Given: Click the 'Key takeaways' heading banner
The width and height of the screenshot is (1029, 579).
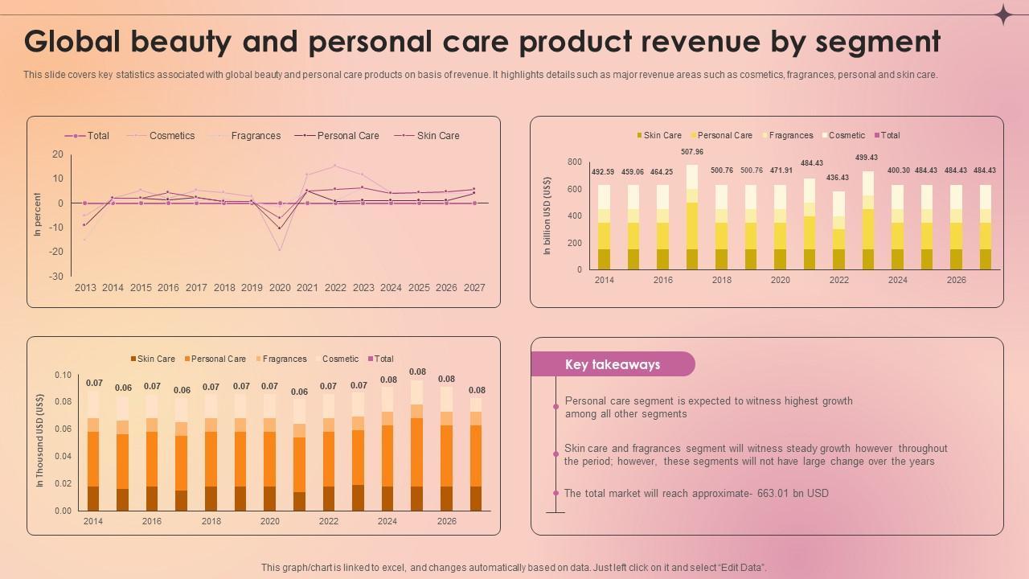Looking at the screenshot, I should [x=613, y=364].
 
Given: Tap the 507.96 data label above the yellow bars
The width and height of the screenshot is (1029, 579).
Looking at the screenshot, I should [x=692, y=152].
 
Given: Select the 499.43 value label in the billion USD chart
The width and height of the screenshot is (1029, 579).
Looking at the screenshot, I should [x=867, y=158].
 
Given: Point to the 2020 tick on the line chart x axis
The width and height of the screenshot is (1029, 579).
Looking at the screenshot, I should [x=280, y=288].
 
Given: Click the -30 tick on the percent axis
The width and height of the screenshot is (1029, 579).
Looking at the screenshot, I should [x=57, y=277].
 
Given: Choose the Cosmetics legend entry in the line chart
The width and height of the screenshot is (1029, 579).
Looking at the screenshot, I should [x=171, y=136].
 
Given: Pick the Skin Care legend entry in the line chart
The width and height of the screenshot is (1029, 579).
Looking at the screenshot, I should [x=437, y=136].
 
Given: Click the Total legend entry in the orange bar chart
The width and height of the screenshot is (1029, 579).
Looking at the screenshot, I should [x=383, y=359].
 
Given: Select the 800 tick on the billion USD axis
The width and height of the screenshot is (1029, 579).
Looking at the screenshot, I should [x=574, y=162].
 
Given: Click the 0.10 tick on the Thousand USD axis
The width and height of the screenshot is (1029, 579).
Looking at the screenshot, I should [x=63, y=375].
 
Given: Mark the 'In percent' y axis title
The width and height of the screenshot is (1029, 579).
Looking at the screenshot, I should [x=37, y=214].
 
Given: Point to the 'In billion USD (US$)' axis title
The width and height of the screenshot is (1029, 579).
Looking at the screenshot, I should [x=547, y=216].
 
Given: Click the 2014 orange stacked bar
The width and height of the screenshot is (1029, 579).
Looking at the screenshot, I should [x=93, y=451].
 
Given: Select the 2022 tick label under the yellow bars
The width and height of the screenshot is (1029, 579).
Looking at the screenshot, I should [x=838, y=280].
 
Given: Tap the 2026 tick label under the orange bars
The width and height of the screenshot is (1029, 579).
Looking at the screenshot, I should [x=446, y=521].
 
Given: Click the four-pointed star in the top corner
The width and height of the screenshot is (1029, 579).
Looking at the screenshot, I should [x=1003, y=14].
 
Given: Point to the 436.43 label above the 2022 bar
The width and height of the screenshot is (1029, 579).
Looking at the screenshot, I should [x=838, y=178].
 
